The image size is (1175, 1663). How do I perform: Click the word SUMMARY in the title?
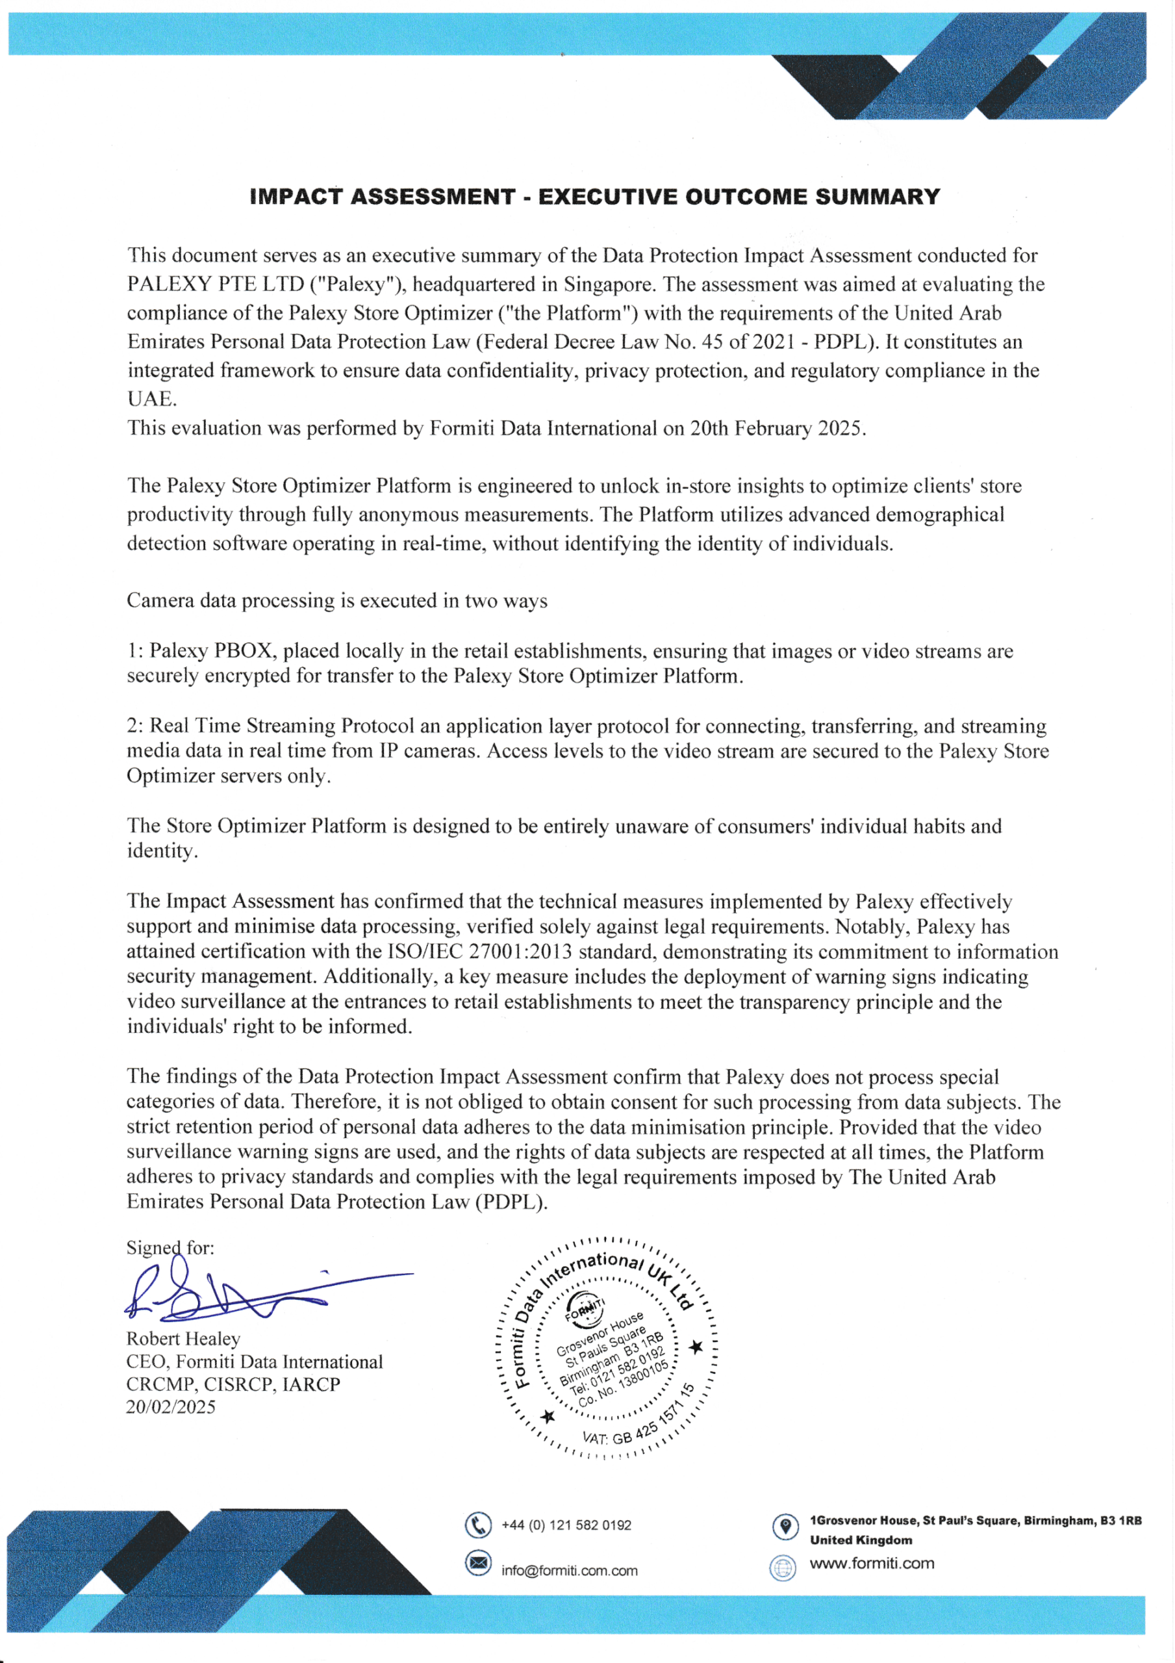coord(878,197)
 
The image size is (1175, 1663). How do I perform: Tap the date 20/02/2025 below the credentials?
coord(171,1406)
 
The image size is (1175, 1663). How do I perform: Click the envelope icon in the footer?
coord(478,1564)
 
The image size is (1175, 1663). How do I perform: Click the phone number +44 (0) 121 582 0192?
coord(566,1525)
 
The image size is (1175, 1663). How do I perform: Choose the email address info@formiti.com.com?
coord(570,1570)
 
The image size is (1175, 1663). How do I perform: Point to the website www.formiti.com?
coord(872,1563)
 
